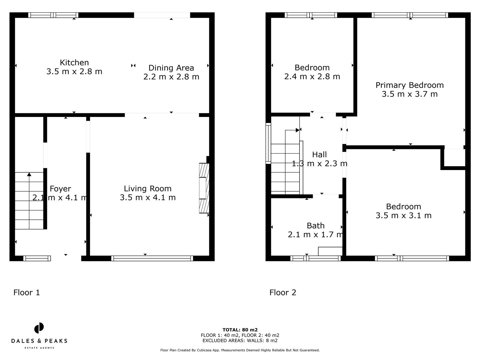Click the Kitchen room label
pyautogui.click(x=74, y=63)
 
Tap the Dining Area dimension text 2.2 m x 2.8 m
pyautogui.click(x=171, y=77)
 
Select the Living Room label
pyautogui.click(x=148, y=189)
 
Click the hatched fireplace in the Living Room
pyautogui.click(x=204, y=188)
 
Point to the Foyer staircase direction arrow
pyautogui.click(x=29, y=174)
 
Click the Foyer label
pyautogui.click(x=60, y=189)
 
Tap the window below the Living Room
pyautogui.click(x=152, y=258)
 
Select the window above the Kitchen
pyautogui.click(x=53, y=15)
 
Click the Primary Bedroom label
pyautogui.click(x=410, y=85)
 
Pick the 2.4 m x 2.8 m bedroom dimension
pyautogui.click(x=312, y=77)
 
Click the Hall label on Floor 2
pyautogui.click(x=319, y=155)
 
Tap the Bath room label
pyautogui.click(x=315, y=226)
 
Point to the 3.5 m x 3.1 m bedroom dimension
pyautogui.click(x=403, y=216)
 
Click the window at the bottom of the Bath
pyautogui.click(x=316, y=258)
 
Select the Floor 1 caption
pyautogui.click(x=27, y=293)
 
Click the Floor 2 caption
pyautogui.click(x=283, y=293)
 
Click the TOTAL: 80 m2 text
pyautogui.click(x=240, y=330)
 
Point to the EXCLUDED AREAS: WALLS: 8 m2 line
pyautogui.click(x=240, y=341)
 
